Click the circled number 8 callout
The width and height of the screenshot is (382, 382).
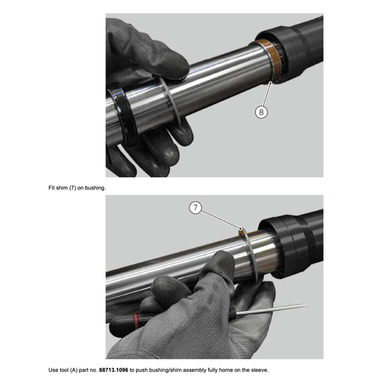point(261,112)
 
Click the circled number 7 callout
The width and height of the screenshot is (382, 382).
point(195,208)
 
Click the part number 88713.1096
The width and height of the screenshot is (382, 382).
point(114,370)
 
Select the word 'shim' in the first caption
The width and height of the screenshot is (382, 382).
point(62,188)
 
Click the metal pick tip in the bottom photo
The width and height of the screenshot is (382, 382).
point(307,305)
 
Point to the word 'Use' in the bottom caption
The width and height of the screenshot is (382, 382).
point(53,370)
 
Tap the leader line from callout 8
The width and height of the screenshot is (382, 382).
point(267,95)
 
